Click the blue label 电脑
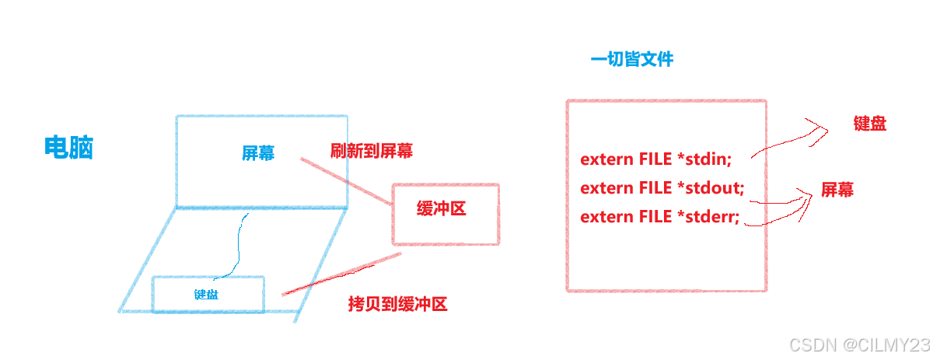pos(69,147)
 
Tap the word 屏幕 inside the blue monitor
pos(257,152)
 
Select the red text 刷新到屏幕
pos(372,151)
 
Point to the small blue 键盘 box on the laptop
pos(207,294)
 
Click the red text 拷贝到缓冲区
pos(397,304)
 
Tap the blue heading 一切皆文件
pos(632,59)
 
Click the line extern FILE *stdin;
pos(656,159)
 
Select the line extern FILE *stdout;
pos(662,188)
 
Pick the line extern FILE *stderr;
pos(660,217)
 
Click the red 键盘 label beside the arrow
pos(869,123)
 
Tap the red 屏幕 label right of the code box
pos(837,190)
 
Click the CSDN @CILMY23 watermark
pos(858,344)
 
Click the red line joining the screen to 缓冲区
pos(347,181)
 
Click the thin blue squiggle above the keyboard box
pos(238,241)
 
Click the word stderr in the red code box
pos(710,217)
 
